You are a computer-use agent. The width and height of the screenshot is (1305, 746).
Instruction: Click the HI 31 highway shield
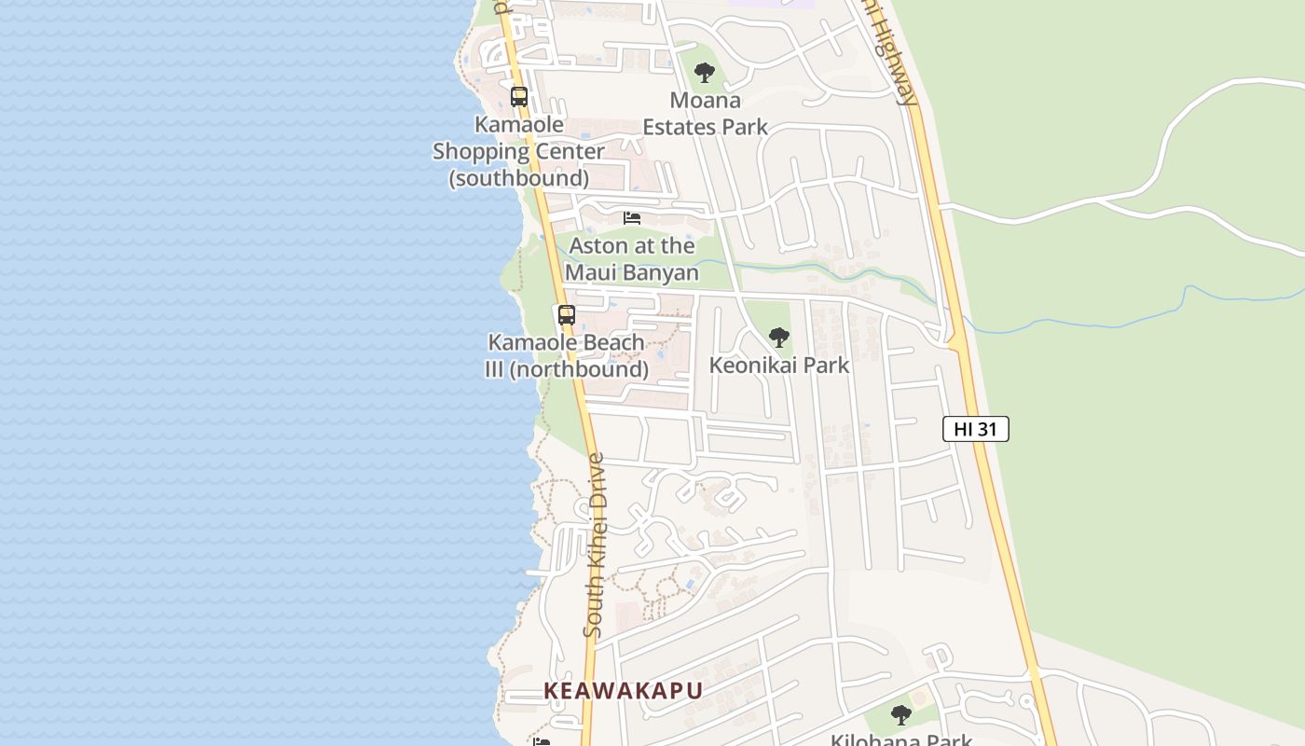[x=976, y=429]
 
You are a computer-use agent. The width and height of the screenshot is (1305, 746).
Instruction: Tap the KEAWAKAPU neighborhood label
[x=623, y=691]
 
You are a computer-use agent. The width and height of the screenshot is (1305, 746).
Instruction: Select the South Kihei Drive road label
[x=594, y=546]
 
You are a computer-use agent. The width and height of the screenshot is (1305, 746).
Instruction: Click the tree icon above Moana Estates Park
[x=705, y=72]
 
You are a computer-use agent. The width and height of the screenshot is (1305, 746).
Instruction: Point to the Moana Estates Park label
[x=706, y=114]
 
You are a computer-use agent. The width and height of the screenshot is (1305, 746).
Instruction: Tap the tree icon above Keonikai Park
[x=779, y=337]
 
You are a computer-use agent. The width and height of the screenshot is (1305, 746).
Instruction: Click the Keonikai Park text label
[x=779, y=365]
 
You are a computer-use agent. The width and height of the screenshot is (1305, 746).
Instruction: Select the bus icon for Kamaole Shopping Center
[x=519, y=96]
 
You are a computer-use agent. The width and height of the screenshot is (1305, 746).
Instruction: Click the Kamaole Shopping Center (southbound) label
[x=519, y=151]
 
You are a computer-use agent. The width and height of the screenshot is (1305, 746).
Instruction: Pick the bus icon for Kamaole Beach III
[x=567, y=315]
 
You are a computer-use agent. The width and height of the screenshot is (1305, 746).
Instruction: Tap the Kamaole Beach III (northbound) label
[x=567, y=355]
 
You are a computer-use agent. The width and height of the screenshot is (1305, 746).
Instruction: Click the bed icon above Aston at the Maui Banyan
[x=632, y=218]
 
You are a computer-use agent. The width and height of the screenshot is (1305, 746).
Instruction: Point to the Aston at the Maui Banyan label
[x=632, y=259]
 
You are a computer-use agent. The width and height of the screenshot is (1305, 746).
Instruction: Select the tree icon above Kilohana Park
[x=900, y=715]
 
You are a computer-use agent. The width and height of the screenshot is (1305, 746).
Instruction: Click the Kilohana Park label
[x=901, y=740]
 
